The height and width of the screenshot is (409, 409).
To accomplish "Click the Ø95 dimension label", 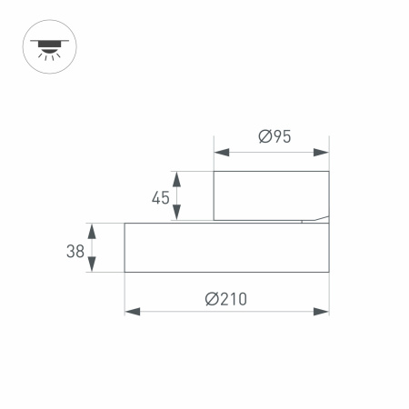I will [x=274, y=137].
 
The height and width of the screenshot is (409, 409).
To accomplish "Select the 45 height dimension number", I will [x=160, y=196].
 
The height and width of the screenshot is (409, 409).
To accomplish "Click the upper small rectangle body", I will [x=270, y=195].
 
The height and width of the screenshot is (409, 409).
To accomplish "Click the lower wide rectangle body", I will [x=226, y=247].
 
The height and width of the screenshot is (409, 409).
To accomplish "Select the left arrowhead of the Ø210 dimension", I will [x=131, y=312].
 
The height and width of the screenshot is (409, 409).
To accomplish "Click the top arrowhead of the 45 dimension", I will [x=177, y=177].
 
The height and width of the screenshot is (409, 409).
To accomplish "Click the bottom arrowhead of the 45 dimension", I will [x=177, y=214].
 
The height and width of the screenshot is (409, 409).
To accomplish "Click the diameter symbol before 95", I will [x=263, y=137].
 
